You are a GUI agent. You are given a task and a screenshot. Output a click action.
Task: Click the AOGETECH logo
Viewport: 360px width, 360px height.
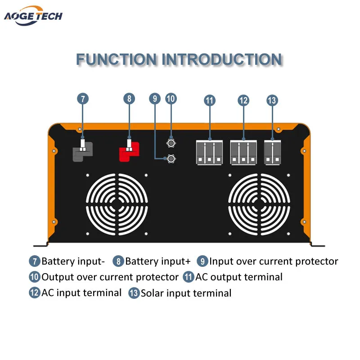point(33,16)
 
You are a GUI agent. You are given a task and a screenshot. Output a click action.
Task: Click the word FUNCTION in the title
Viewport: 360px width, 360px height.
point(116,59)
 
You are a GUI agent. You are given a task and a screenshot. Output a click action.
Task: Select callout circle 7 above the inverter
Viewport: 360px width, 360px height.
point(82,99)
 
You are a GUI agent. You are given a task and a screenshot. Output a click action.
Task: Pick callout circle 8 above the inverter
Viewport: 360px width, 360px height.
point(129,99)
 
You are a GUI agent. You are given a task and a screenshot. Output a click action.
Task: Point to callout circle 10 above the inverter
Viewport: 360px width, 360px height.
point(171,99)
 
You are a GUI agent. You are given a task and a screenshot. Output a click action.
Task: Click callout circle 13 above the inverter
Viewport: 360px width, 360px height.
point(272,100)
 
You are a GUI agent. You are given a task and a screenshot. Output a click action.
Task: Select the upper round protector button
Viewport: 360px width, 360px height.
point(171,143)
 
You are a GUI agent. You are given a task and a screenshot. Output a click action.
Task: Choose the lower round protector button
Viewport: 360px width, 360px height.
point(171,158)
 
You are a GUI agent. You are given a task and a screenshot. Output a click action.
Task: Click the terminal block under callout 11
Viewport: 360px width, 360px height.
point(210,152)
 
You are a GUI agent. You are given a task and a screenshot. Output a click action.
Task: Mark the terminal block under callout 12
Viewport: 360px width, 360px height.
point(243,152)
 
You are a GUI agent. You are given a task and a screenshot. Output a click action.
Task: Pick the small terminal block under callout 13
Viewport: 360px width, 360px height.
point(272,152)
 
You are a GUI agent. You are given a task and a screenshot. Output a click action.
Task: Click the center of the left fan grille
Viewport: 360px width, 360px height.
point(117,204)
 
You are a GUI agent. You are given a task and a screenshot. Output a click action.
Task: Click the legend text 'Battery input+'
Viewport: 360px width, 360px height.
point(157,261)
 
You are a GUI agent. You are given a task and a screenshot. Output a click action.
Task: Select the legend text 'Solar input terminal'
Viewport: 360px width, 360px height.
point(186,293)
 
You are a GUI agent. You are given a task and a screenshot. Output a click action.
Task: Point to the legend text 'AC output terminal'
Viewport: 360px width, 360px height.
point(238,277)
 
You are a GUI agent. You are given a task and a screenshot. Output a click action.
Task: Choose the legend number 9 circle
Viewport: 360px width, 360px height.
point(203,261)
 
